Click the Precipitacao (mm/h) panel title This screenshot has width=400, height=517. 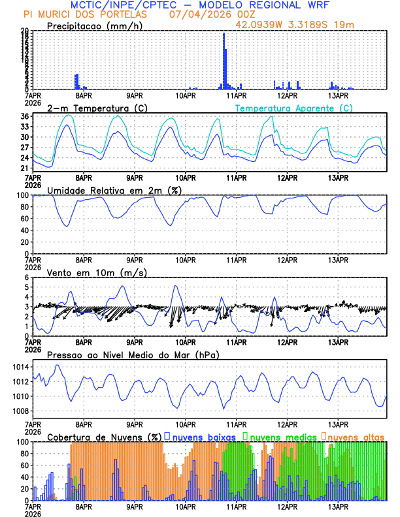[x=94, y=26]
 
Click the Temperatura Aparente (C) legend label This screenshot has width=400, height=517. [x=293, y=108]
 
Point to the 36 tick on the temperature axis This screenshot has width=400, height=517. [x=24, y=117]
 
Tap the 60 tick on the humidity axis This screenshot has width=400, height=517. [x=24, y=219]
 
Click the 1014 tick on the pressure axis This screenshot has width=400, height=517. [x=20, y=367]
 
